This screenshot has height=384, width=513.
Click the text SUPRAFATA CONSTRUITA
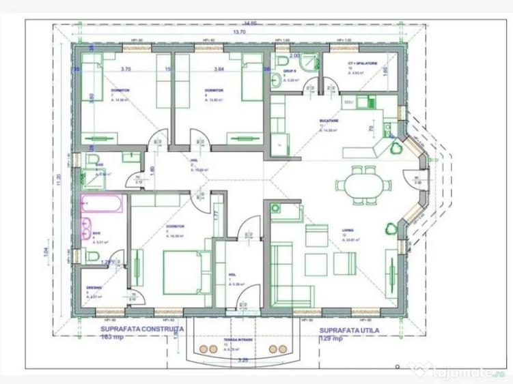pos(135,329)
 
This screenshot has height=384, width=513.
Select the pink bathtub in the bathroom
pos(102,203)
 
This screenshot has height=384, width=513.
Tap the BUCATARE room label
pos(328,121)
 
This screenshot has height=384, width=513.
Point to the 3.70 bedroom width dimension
pos(125,69)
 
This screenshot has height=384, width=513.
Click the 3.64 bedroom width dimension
pos(219,69)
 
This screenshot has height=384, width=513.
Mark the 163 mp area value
pos(112,337)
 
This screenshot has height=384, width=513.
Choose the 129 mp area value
pos(334,337)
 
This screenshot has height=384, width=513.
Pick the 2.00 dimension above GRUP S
pos(294,55)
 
